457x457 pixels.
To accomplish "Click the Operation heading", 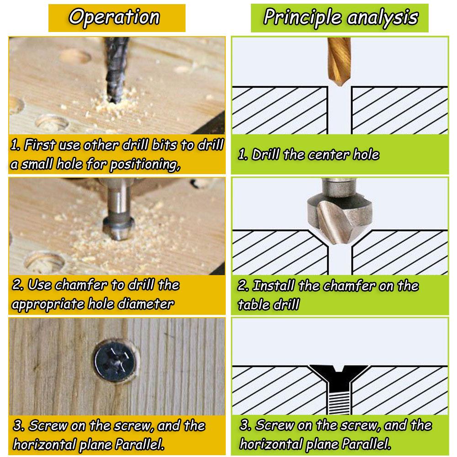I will pyautogui.click(x=114, y=17).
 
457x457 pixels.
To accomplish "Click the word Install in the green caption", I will pyautogui.click(x=274, y=286).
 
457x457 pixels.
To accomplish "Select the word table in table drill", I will pyautogui.click(x=252, y=305).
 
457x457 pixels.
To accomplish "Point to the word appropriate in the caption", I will pyautogui.click(x=44, y=304).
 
